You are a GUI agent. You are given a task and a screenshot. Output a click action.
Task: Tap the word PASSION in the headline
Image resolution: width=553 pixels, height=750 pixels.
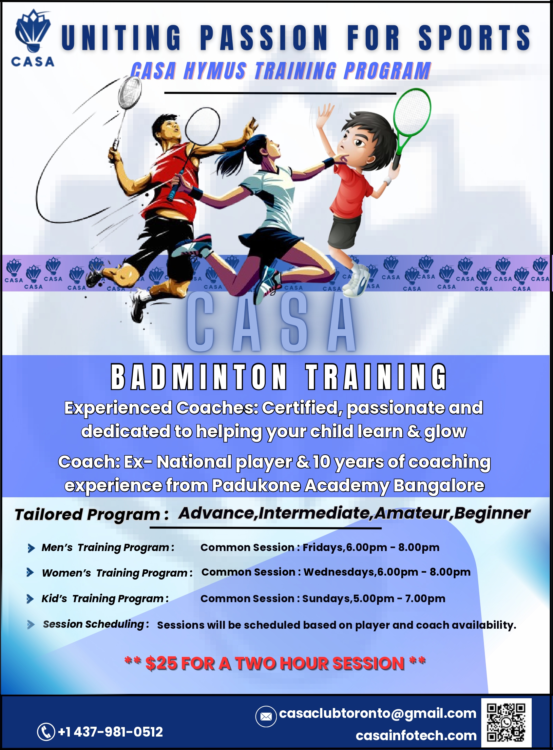coord(264,37)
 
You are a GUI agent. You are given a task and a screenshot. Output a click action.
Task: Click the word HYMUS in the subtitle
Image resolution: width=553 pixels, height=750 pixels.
coord(215,71)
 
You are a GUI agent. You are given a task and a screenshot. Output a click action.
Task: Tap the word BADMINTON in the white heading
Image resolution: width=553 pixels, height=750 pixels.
coord(199,377)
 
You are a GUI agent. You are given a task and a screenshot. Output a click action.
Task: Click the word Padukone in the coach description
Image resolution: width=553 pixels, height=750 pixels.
coord(256,485)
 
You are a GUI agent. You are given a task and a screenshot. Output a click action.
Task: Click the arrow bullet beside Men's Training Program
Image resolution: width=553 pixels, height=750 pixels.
coord(31,548)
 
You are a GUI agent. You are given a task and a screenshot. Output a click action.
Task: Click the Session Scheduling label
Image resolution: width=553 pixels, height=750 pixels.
coord(96,624)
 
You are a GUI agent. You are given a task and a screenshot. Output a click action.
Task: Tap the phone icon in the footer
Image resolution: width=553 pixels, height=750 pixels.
coord(46,732)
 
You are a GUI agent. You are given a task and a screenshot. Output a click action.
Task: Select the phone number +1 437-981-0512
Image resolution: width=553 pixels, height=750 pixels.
coord(110,732)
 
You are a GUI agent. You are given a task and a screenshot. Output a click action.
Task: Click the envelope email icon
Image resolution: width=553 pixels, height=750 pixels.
coord(266,717)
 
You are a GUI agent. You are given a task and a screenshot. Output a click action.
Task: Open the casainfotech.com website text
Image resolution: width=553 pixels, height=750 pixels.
coord(416,736)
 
